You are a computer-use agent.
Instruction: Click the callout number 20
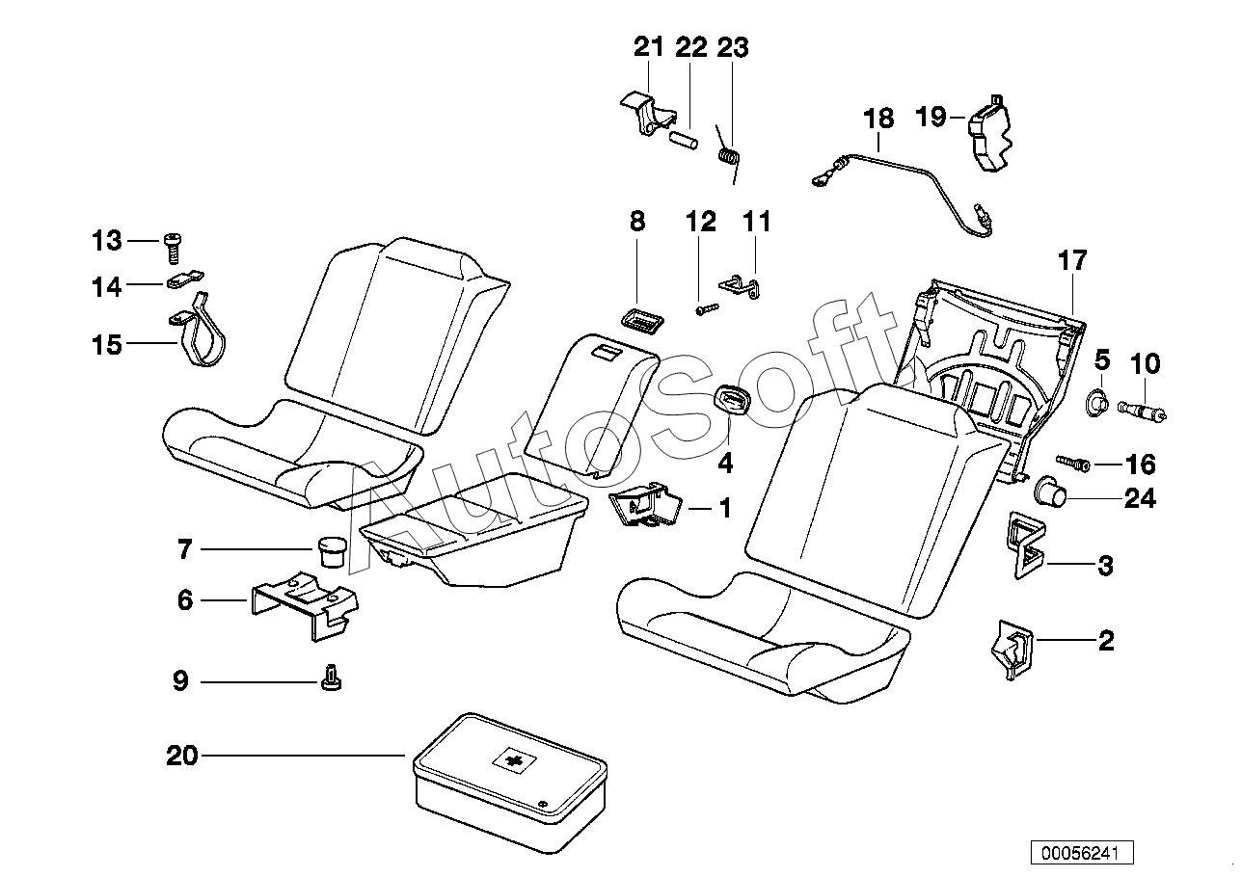pos(181,756)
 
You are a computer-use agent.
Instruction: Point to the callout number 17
pos(1071,260)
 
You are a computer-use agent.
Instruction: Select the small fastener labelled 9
pos(331,679)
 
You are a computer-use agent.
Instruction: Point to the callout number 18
pos(878,119)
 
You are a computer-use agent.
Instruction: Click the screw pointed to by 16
pos(1073,463)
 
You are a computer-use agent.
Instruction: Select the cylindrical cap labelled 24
pos(1051,494)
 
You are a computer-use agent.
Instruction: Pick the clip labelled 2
pos(1008,650)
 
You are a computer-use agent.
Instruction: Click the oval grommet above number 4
pos(724,399)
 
